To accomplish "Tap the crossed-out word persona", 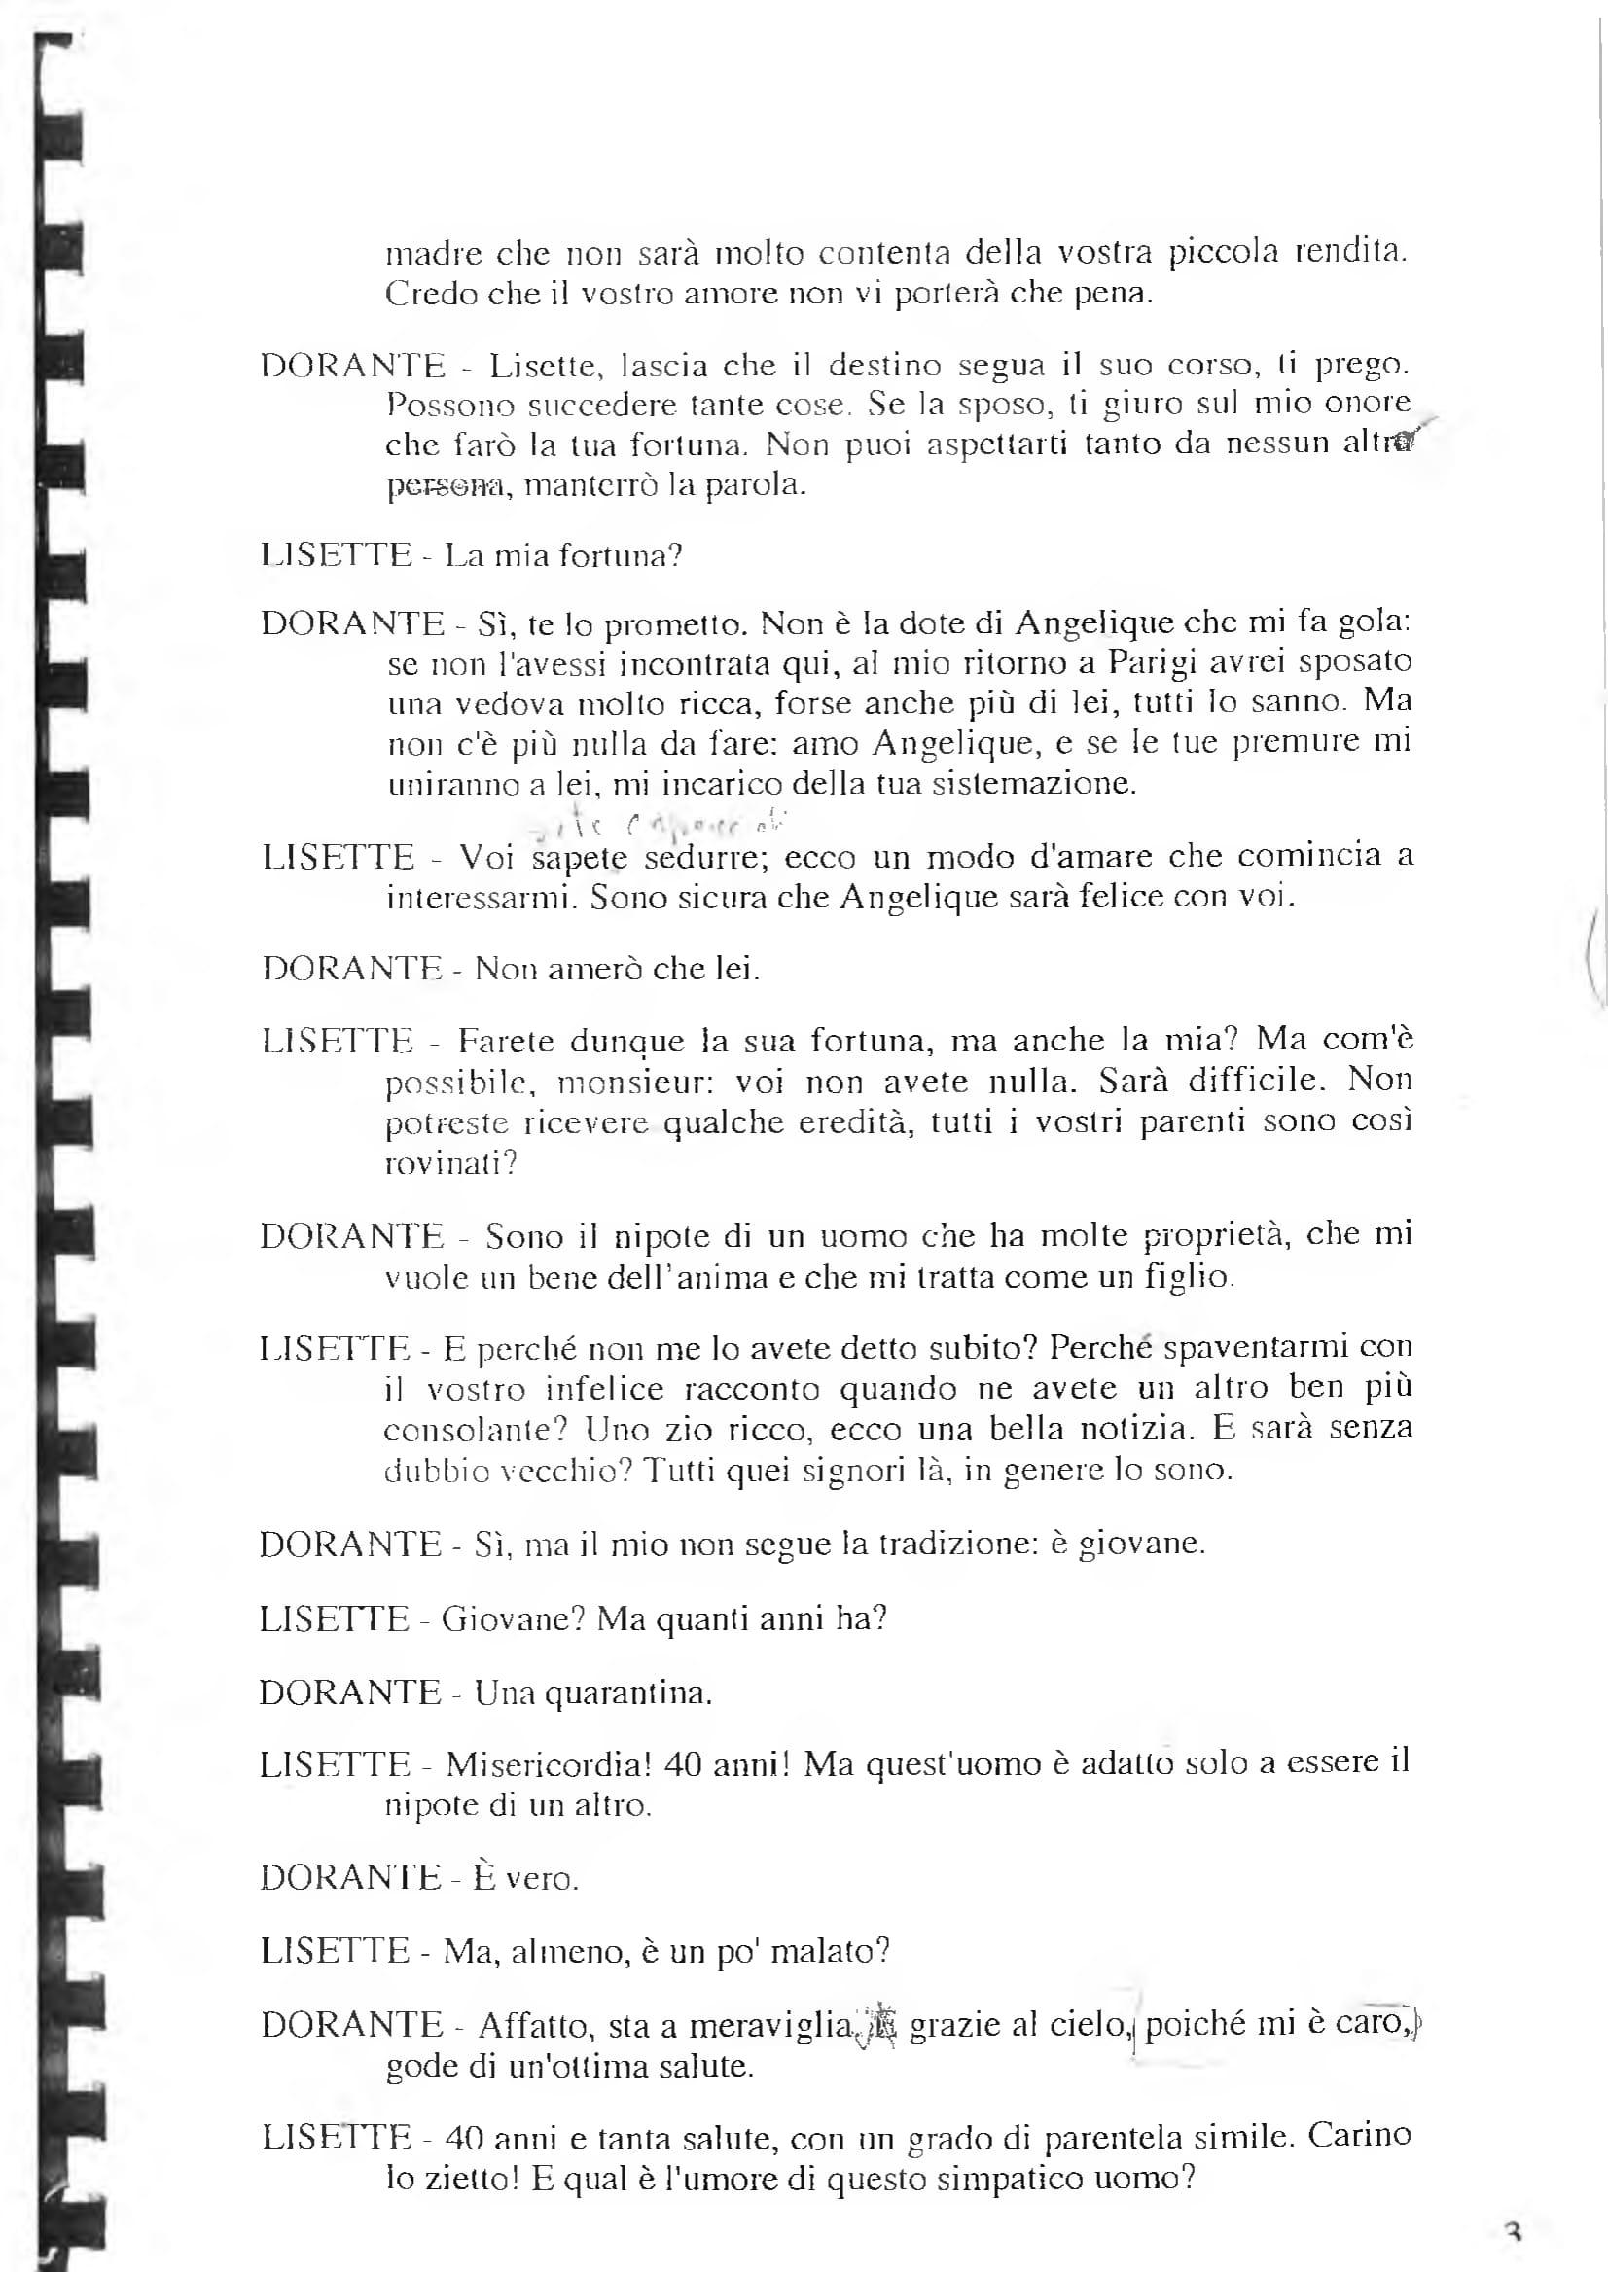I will pyautogui.click(x=445, y=487).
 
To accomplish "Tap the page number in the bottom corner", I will pyautogui.click(x=1512, y=2232).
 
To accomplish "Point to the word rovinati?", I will pyautogui.click(x=450, y=1162).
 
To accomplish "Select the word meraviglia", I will pyautogui.click(x=771, y=2025).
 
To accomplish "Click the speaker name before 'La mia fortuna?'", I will pyautogui.click(x=336, y=554).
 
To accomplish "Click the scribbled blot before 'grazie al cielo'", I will pyautogui.click(x=880, y=2023).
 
